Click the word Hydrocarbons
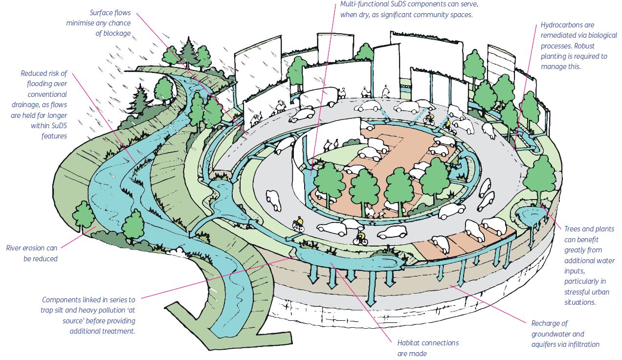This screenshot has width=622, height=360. (x=567, y=25)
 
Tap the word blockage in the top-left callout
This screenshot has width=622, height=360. (x=116, y=33)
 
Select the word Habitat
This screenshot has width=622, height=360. (x=409, y=343)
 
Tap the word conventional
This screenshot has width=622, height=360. (x=47, y=94)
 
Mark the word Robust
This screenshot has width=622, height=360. (x=584, y=46)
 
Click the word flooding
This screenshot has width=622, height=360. (x=47, y=84)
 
